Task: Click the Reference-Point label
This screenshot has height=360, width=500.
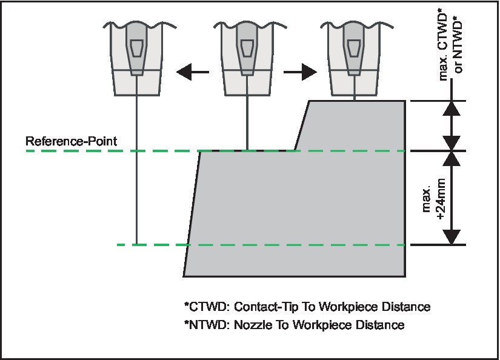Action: point(71,141)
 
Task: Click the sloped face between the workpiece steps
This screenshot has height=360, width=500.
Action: point(302,125)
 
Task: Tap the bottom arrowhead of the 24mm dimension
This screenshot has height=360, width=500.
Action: point(452,236)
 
